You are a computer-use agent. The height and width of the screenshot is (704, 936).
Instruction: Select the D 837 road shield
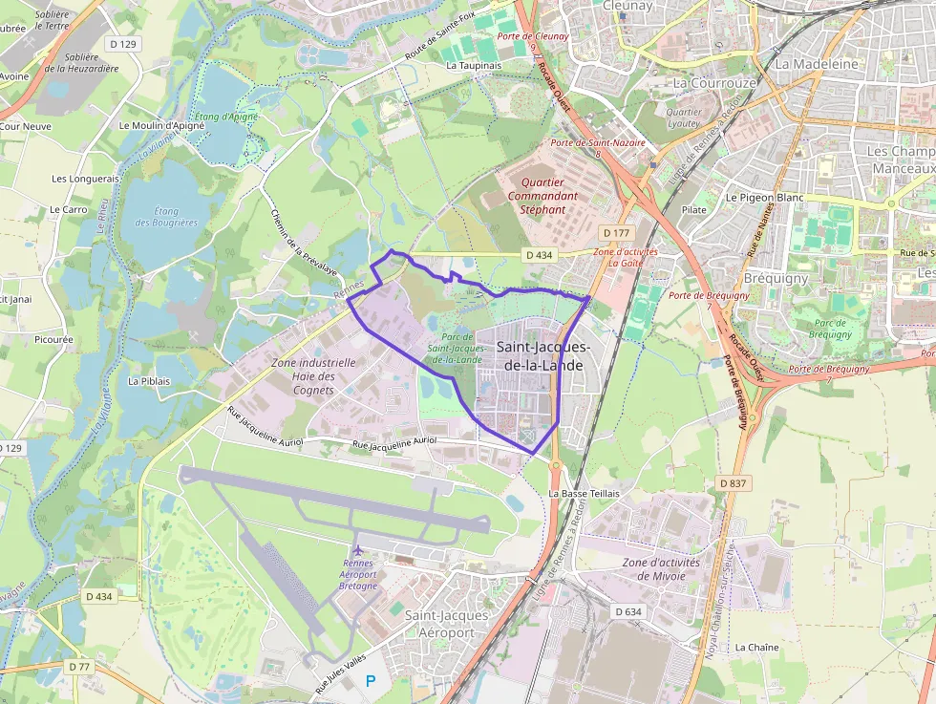click(733, 483)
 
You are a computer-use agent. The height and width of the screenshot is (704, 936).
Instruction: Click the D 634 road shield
click(628, 611)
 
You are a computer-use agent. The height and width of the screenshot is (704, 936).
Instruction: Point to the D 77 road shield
click(78, 666)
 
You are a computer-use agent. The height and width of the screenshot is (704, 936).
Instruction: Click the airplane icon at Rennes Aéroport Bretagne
click(358, 550)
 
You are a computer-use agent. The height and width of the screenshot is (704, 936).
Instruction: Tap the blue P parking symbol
click(371, 681)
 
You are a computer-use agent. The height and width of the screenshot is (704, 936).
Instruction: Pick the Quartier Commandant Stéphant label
click(542, 195)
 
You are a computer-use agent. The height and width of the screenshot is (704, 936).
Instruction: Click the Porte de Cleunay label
click(532, 36)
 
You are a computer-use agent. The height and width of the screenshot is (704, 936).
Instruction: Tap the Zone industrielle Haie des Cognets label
click(314, 376)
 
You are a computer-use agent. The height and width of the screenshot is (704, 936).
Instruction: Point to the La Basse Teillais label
click(584, 493)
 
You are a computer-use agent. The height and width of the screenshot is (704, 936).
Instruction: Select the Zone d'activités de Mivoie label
click(661, 569)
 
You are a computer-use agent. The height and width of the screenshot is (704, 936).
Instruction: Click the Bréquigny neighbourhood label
click(775, 279)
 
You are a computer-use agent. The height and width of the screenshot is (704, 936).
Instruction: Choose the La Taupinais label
click(474, 66)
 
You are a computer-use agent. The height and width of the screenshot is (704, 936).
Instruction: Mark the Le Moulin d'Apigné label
click(156, 125)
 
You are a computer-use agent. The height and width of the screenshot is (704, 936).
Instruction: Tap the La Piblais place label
click(148, 380)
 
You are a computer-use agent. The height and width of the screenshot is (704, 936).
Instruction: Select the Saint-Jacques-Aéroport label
click(446, 624)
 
